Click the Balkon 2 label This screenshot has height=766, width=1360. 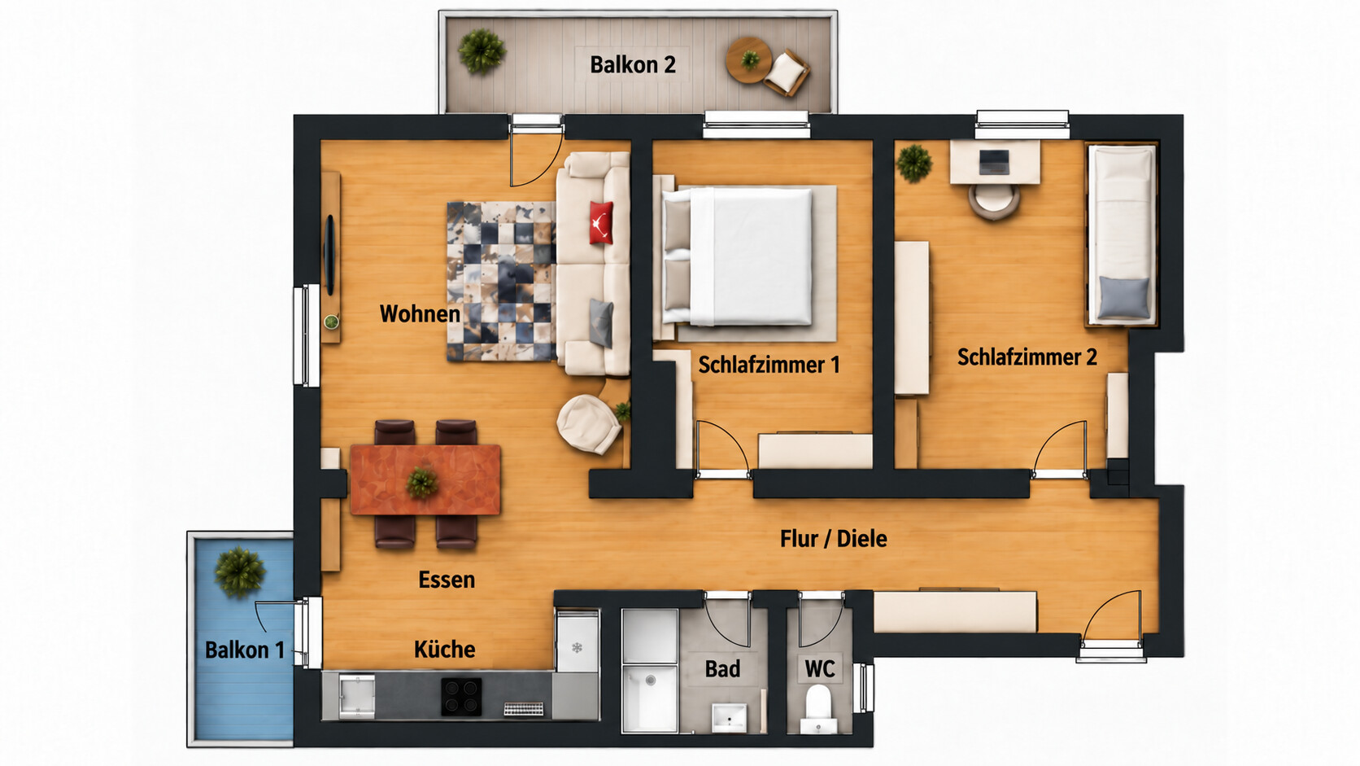point(633,64)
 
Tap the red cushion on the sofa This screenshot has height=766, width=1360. point(601,222)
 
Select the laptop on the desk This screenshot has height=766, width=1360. point(995,162)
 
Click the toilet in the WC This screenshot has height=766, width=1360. point(817,707)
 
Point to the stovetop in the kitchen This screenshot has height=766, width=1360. point(461,696)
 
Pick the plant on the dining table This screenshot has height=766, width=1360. point(422,483)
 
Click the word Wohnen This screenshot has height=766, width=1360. point(420,313)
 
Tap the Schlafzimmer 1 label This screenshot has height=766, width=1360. point(769,365)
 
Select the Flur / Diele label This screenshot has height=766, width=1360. point(834,538)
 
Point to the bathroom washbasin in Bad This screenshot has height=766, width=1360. point(729,717)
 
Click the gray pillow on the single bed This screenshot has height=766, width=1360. point(1124,298)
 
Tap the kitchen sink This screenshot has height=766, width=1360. point(356,696)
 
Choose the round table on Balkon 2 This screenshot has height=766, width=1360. point(749,60)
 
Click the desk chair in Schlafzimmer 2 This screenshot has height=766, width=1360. point(994,200)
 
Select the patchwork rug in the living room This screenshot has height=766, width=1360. point(502,282)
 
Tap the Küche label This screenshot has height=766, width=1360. point(444,650)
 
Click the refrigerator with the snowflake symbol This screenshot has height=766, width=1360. point(578,641)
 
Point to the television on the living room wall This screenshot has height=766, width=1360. point(329,255)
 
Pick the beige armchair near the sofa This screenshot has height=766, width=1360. point(589,423)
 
